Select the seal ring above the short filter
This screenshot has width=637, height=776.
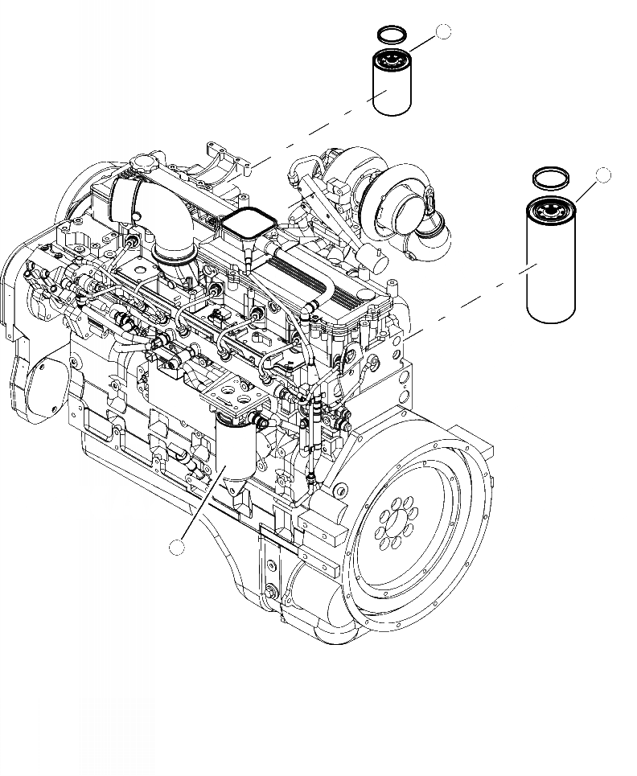click(392, 35)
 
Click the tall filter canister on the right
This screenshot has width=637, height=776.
click(552, 261)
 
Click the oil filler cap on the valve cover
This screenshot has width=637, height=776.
click(140, 165)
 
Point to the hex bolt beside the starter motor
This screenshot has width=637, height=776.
click(269, 596)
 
